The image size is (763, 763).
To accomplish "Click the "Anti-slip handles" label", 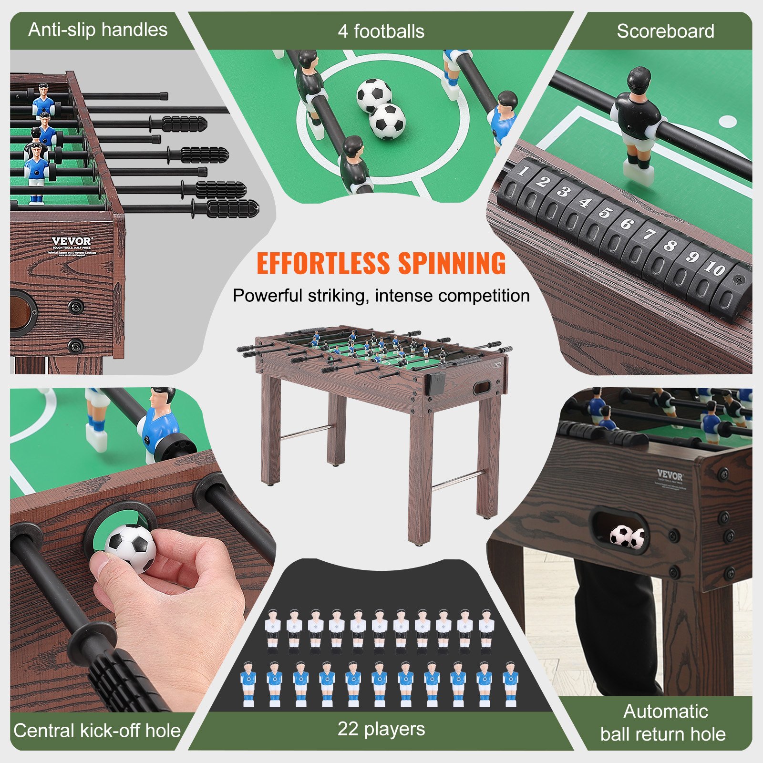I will [x=98, y=30].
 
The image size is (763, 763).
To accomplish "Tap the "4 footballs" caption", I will [x=381, y=31].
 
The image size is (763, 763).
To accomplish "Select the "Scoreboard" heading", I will [x=665, y=31].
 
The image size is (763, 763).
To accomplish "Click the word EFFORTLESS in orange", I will [x=323, y=263].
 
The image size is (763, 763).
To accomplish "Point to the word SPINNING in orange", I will [x=452, y=263].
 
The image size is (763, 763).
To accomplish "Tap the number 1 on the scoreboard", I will [x=523, y=170].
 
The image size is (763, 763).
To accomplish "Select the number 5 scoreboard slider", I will [x=605, y=213].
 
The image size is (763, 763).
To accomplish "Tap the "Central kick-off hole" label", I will [x=97, y=730].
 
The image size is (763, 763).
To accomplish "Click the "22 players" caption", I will [x=381, y=729].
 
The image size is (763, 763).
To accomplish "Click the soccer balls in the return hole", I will [x=627, y=536].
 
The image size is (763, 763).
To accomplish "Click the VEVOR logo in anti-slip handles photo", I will [x=72, y=241].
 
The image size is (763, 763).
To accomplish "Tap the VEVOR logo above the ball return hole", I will [x=670, y=475].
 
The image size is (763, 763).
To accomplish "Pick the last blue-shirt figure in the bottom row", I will [x=510, y=683].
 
